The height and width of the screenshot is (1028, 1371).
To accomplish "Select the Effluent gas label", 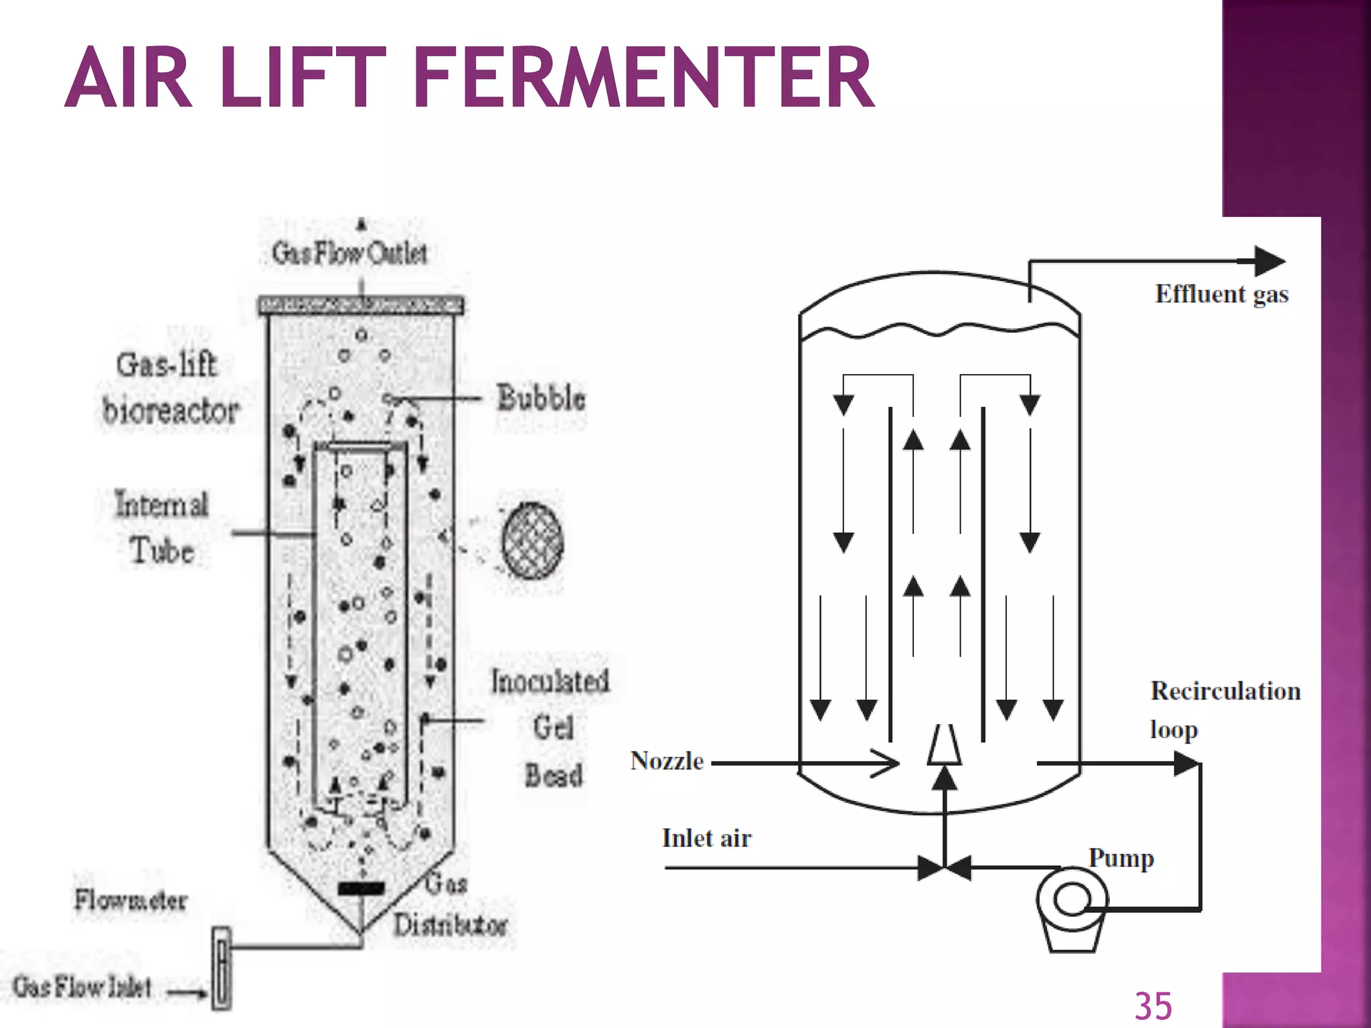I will pyautogui.click(x=1222, y=294).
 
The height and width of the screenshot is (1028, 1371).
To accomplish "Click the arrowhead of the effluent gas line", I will pyautogui.click(x=1269, y=261).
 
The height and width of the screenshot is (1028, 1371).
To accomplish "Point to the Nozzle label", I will pyautogui.click(x=667, y=761).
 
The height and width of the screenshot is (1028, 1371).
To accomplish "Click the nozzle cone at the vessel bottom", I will pyautogui.click(x=945, y=745).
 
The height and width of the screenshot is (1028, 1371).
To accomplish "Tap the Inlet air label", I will pyautogui.click(x=706, y=838).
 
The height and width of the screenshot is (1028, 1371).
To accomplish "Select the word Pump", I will pyautogui.click(x=1121, y=858).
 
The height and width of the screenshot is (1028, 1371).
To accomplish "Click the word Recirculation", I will pyautogui.click(x=1225, y=691).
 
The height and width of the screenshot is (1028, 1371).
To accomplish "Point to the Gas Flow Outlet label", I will pyautogui.click(x=349, y=253).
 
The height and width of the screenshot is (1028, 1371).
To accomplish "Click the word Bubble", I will pyautogui.click(x=541, y=398).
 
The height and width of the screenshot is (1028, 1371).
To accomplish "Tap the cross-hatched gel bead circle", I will pyautogui.click(x=532, y=541).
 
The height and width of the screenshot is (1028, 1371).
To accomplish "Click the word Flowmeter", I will pyautogui.click(x=131, y=900).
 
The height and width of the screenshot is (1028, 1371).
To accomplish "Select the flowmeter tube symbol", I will pyautogui.click(x=222, y=968).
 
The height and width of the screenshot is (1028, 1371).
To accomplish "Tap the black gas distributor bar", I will pyautogui.click(x=361, y=889).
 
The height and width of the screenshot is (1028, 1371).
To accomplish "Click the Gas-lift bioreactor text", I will pyautogui.click(x=169, y=388).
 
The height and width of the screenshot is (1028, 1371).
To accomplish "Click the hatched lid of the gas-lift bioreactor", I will pyautogui.click(x=361, y=306).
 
